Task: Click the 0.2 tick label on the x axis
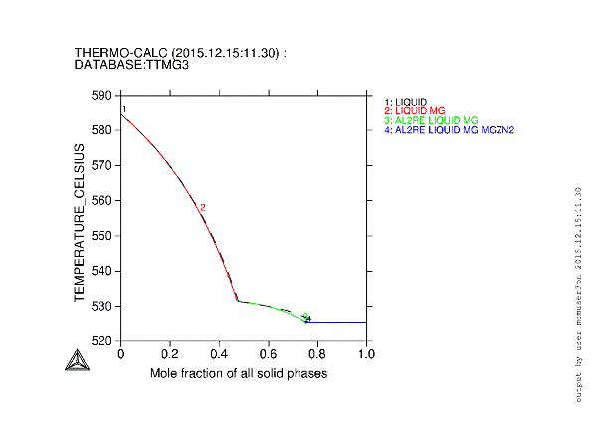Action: click(170, 353)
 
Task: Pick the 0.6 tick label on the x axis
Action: click(269, 353)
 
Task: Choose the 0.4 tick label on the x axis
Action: click(219, 353)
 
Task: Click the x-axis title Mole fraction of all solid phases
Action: click(239, 373)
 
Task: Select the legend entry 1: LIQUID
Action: click(405, 102)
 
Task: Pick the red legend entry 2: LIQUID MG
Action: click(413, 110)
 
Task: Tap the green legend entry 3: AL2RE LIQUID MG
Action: click(431, 120)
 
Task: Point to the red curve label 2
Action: click(202, 208)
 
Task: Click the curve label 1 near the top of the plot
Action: click(124, 109)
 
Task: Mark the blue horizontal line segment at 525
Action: click(338, 322)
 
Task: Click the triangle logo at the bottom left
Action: click(75, 361)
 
